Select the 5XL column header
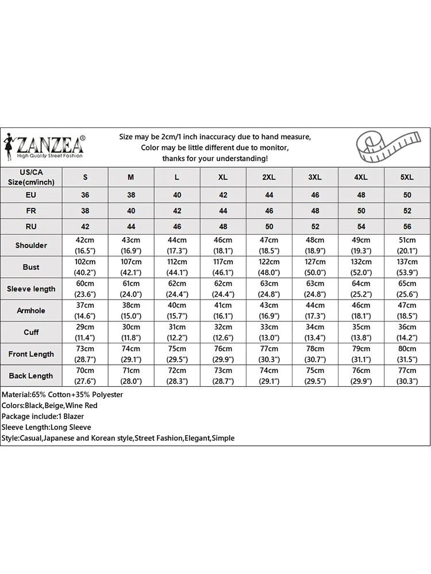(x=407, y=177)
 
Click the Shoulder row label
(x=31, y=245)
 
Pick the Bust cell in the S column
(x=85, y=267)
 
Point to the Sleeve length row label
(x=31, y=289)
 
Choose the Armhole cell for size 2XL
(x=269, y=311)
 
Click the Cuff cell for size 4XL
(x=361, y=332)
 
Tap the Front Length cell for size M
(x=131, y=354)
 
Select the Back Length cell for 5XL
(x=407, y=376)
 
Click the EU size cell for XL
(x=223, y=195)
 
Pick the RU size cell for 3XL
(x=315, y=227)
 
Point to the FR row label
(x=31, y=211)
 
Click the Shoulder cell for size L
(x=177, y=245)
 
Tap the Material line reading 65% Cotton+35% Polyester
(x=63, y=395)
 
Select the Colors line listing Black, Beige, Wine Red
(x=50, y=406)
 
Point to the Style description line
(x=118, y=438)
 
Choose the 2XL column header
(x=269, y=177)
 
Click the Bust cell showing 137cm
(x=407, y=267)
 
